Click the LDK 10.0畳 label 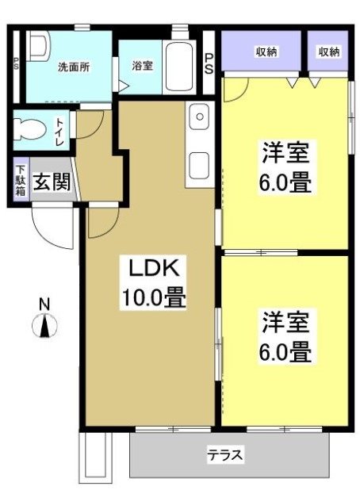point(153,283)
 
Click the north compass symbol point(45,325)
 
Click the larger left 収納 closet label point(266,52)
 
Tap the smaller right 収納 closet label point(328,52)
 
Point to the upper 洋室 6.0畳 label point(285,168)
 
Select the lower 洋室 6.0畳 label point(285,336)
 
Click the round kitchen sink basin point(200,117)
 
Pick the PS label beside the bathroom point(209,63)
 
